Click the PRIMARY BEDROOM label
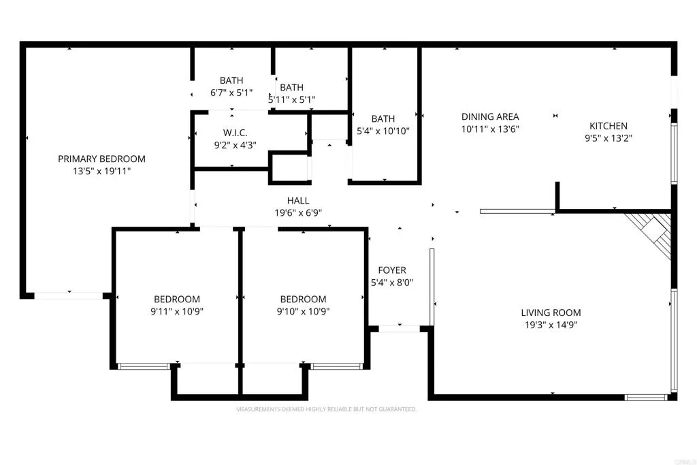tap(101, 159)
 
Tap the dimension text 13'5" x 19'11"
tap(101, 172)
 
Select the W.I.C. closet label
tap(235, 132)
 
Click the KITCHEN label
tap(608, 126)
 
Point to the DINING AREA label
tap(490, 116)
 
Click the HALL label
tap(298, 200)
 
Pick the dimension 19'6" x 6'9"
tap(298, 212)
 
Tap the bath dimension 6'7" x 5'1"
tap(231, 93)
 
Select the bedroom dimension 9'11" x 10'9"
tap(177, 311)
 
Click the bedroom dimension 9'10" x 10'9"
tap(303, 311)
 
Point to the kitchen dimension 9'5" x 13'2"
tap(608, 138)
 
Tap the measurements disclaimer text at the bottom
tap(326, 409)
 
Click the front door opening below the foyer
tap(399, 329)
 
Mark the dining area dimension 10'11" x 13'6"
tap(490, 129)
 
